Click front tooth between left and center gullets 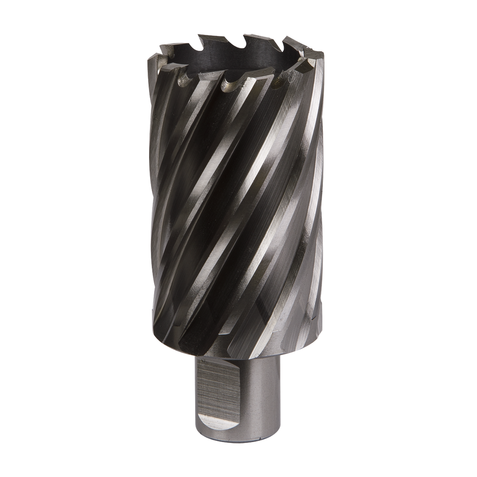click(210, 75)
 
